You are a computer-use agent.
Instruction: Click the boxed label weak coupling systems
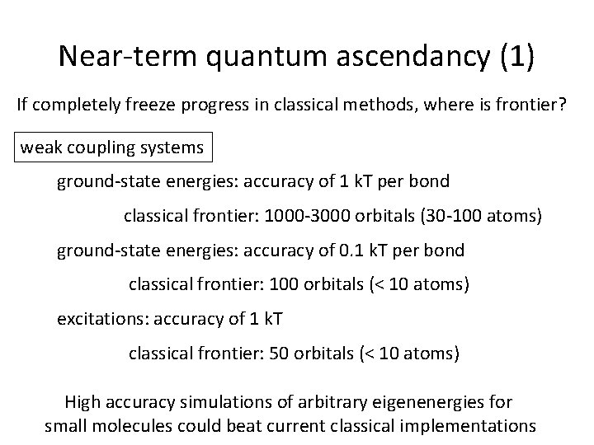tap(111, 148)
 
